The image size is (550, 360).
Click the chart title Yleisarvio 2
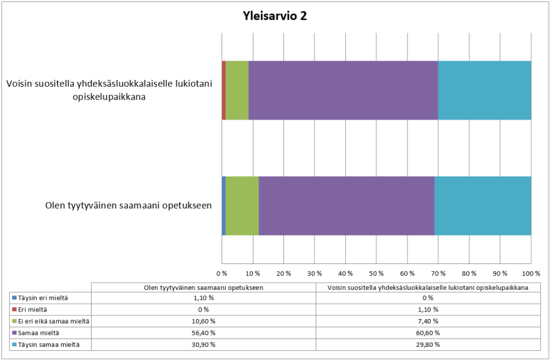(x=275, y=16)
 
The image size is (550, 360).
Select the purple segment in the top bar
(x=343, y=90)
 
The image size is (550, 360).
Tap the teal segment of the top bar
(x=484, y=90)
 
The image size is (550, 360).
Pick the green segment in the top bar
(x=237, y=90)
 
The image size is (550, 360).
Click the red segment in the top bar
(x=224, y=90)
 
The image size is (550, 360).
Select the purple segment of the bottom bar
(x=347, y=206)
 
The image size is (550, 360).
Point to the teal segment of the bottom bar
(x=483, y=206)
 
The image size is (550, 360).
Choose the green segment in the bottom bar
(x=242, y=206)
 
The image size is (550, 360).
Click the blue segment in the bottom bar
(x=224, y=206)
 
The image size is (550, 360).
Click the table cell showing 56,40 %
(x=203, y=332)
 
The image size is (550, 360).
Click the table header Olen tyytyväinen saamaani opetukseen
(x=203, y=286)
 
